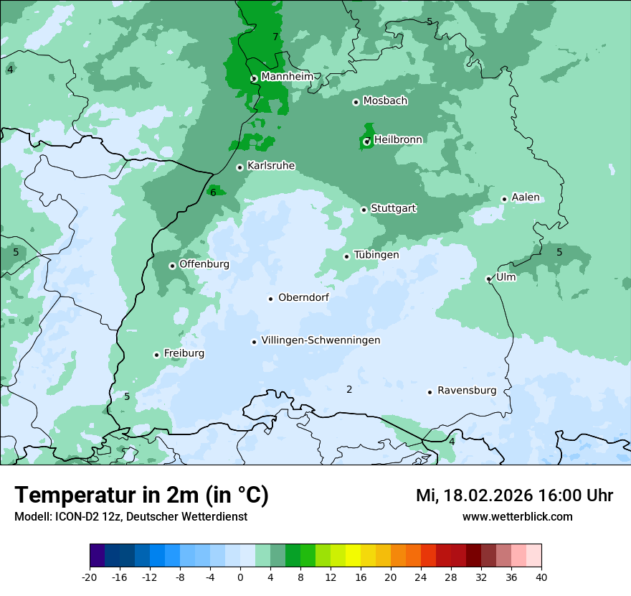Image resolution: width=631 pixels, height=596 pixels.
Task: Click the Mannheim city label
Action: tap(287, 77)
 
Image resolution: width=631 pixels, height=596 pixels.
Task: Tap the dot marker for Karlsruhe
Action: tap(240, 167)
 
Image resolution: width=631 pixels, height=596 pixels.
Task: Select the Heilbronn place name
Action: tap(398, 140)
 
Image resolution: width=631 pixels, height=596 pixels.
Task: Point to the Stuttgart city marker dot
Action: tap(364, 210)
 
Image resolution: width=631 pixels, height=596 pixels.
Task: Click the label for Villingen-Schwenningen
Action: tap(321, 340)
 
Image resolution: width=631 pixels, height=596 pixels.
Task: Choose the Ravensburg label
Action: tap(467, 391)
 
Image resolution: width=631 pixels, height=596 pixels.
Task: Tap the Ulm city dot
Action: tap(489, 279)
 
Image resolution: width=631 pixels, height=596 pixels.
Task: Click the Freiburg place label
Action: tap(184, 353)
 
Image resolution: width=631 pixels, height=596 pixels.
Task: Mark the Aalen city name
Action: tap(526, 197)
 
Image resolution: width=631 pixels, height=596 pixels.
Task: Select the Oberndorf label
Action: tap(303, 297)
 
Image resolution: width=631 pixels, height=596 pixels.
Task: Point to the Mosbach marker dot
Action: tap(356, 102)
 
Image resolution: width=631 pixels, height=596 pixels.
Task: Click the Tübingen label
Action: tap(376, 255)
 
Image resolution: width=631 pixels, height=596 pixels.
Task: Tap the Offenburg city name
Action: tap(204, 264)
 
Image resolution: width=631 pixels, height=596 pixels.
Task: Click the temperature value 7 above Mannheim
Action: tap(275, 37)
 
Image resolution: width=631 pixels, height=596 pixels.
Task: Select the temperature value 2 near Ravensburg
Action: tap(349, 389)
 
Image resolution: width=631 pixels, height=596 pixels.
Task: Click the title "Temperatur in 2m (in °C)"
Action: tap(141, 495)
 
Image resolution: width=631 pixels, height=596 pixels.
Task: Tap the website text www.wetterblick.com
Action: tap(517, 517)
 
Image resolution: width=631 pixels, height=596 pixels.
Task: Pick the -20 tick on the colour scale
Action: tap(90, 577)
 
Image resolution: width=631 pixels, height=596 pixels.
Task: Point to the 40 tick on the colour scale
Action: tap(541, 577)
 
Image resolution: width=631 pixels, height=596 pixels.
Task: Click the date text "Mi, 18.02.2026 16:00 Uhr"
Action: tap(514, 495)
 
